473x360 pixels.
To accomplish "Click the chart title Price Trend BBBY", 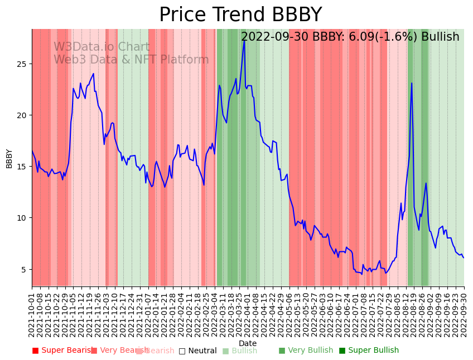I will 240,15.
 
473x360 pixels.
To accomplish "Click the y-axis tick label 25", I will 21,64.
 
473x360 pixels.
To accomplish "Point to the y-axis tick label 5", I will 23,270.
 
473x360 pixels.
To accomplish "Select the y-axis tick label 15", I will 21,167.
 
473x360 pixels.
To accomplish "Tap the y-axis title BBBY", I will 9,158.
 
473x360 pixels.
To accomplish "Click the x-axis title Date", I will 248,344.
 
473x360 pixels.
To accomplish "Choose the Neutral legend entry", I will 198,351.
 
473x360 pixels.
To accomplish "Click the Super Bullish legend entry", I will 369,351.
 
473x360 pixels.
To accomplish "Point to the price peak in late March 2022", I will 244,41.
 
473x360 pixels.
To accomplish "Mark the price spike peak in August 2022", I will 412,84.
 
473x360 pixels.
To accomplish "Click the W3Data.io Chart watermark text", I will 102,47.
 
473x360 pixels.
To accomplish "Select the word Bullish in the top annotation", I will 440,37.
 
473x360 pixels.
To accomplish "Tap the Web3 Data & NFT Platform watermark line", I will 131,60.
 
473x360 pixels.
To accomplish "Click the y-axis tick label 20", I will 21,115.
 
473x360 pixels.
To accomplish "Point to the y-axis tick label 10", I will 21,218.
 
